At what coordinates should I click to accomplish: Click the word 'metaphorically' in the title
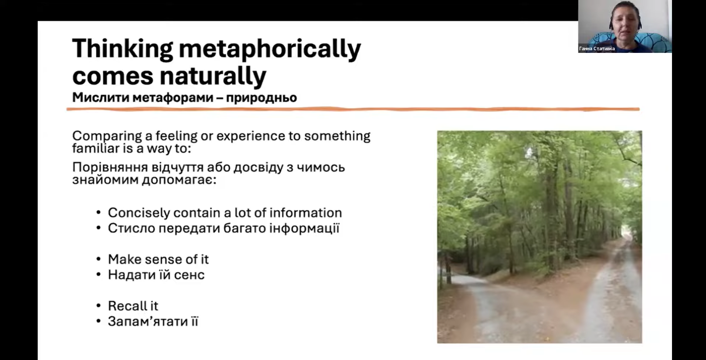pos(270,49)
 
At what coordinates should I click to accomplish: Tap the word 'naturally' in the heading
pos(213,76)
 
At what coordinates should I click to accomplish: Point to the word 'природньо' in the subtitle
pos(261,98)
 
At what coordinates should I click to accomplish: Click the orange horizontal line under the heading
pos(353,109)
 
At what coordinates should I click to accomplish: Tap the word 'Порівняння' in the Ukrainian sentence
pos(110,167)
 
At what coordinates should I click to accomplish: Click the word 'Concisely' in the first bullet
pos(139,213)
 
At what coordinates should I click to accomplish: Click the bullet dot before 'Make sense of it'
pos(98,259)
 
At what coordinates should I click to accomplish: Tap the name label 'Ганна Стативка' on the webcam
pos(597,48)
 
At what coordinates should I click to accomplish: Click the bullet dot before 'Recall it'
pos(98,306)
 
